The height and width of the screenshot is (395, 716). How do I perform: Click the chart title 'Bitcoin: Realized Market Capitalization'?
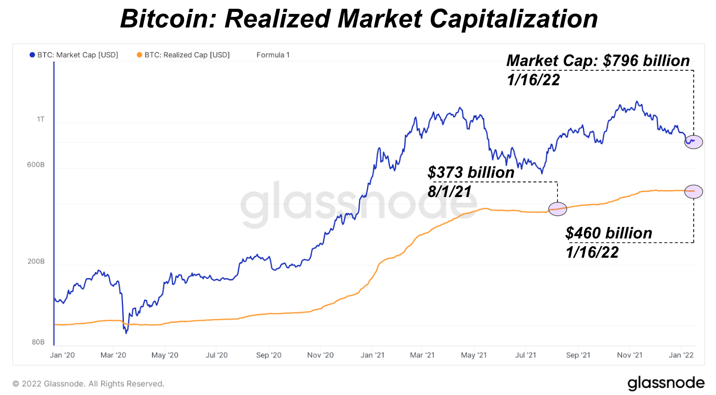pyautogui.click(x=358, y=19)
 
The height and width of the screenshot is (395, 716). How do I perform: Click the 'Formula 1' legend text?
pyautogui.click(x=273, y=55)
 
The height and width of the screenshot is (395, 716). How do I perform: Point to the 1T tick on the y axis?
pyautogui.click(x=40, y=119)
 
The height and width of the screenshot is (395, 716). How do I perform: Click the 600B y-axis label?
pyautogui.click(x=36, y=165)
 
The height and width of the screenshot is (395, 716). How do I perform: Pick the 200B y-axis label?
pyautogui.click(x=36, y=262)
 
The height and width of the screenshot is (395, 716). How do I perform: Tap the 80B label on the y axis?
pyautogui.click(x=38, y=342)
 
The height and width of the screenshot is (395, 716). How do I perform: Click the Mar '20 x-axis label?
pyautogui.click(x=113, y=355)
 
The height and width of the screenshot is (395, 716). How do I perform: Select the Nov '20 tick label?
pyautogui.click(x=320, y=355)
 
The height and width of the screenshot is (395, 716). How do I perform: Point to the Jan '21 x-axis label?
pyautogui.click(x=372, y=355)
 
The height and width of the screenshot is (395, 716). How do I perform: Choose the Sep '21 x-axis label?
pyautogui.click(x=578, y=355)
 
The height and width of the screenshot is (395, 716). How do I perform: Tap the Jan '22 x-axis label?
pyautogui.click(x=681, y=355)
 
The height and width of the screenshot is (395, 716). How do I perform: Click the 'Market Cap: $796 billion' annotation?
pyautogui.click(x=598, y=61)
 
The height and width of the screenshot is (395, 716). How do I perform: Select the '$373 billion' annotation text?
pyautogui.click(x=471, y=172)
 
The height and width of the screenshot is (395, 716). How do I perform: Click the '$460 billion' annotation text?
pyautogui.click(x=609, y=233)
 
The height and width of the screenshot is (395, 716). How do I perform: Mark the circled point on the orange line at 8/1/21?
pyautogui.click(x=557, y=209)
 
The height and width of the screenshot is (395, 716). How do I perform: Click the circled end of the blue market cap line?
pyautogui.click(x=693, y=142)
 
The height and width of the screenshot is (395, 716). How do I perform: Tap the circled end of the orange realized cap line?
pyautogui.click(x=693, y=191)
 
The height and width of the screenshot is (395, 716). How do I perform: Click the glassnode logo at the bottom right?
pyautogui.click(x=665, y=383)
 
